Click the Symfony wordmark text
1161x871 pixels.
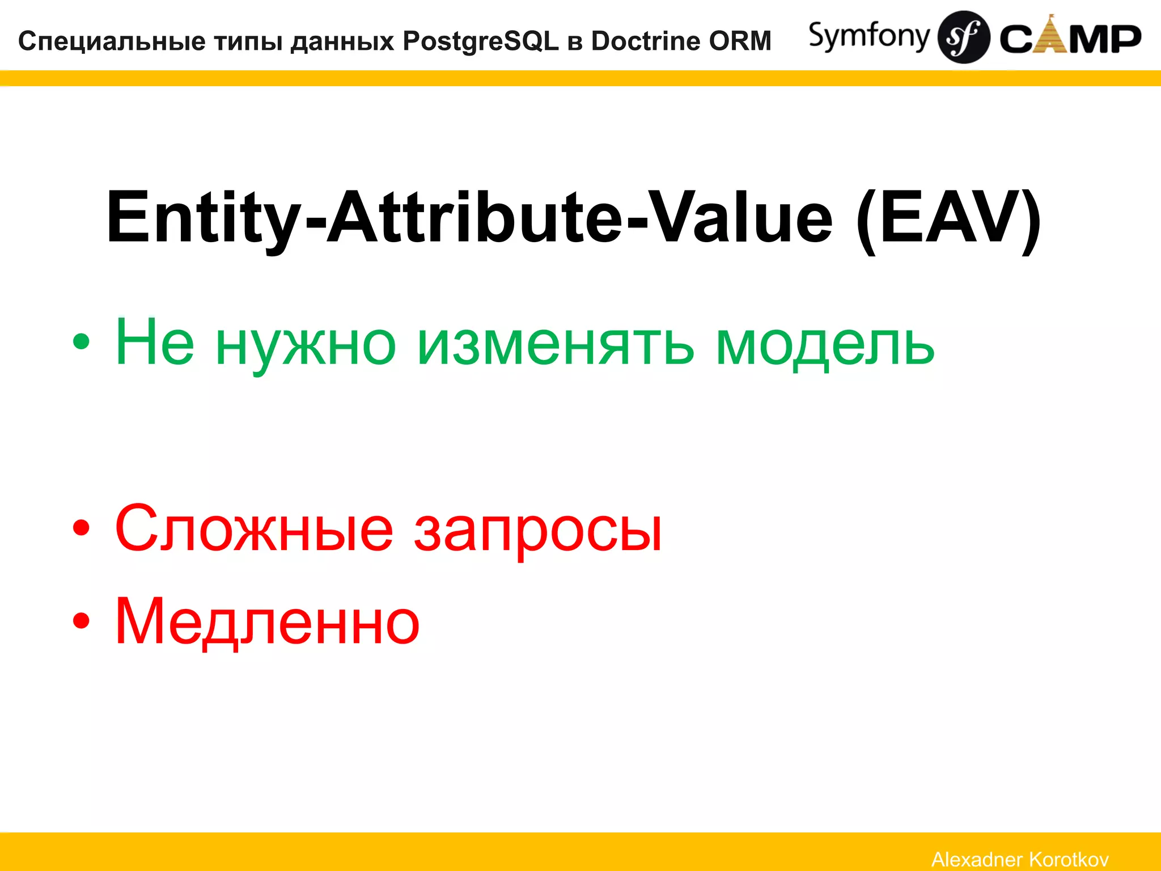868,36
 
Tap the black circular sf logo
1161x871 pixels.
964,37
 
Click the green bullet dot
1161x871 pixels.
81,341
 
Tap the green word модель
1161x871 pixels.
825,344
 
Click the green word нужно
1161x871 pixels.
306,344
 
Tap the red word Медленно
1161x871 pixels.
267,621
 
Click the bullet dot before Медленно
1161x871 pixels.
81,620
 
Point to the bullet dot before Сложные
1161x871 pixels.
81,527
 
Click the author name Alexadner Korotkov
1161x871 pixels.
1020,859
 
